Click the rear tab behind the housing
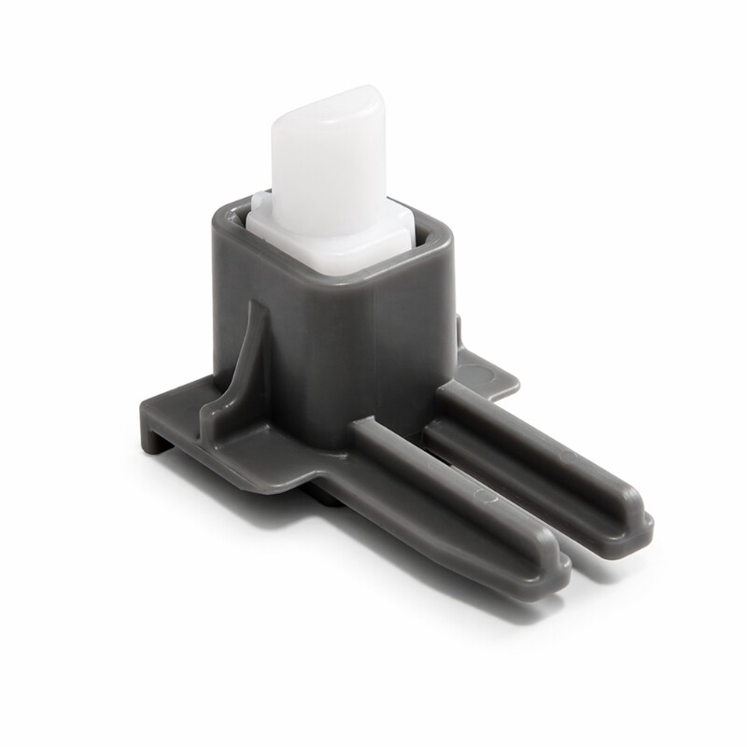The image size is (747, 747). (x=490, y=373)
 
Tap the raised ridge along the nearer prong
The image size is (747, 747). (x=448, y=486)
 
